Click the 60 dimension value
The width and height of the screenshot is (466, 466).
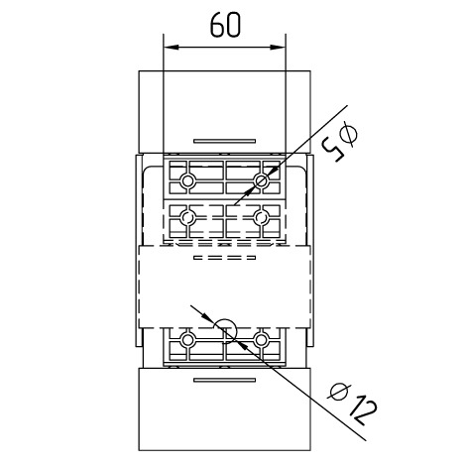tap(225, 25)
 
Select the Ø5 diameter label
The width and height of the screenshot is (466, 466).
tap(340, 142)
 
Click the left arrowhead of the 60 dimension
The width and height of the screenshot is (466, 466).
tap(172, 47)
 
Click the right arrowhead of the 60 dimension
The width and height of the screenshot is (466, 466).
tap(278, 47)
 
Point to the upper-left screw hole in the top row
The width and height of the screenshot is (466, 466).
tap(187, 180)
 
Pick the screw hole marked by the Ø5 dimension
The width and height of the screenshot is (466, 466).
tap(261, 180)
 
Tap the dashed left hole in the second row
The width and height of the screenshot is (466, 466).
tap(187, 217)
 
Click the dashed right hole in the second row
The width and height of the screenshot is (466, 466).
tap(261, 217)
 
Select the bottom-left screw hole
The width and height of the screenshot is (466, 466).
tap(187, 339)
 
